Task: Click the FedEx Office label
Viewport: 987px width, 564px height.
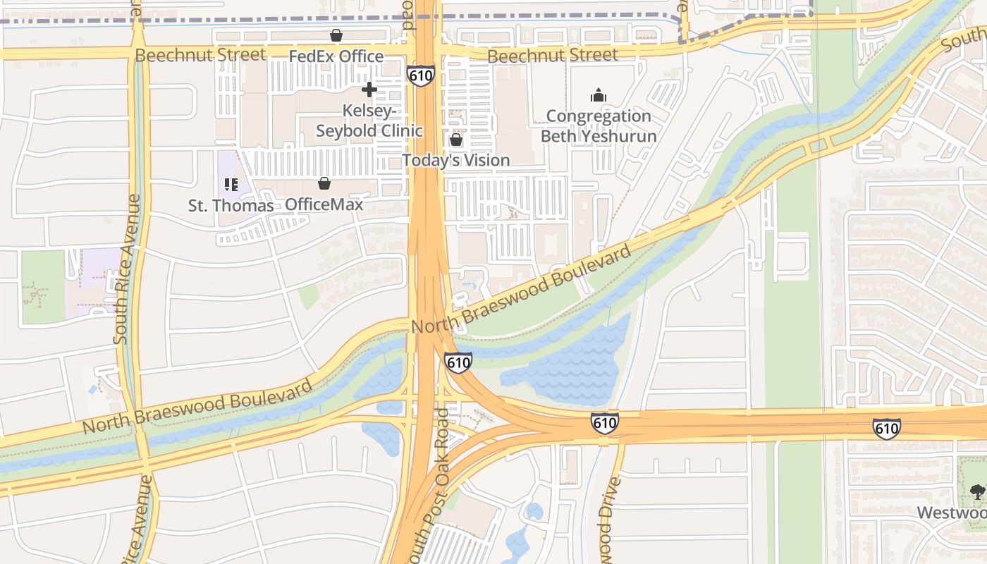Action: coord(336,56)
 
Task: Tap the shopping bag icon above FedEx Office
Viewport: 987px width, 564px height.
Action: coord(336,35)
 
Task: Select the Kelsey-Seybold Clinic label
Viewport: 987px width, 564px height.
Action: coord(369,121)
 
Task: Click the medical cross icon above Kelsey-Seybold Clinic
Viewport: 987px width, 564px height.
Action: coord(369,90)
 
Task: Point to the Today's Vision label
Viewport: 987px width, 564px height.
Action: coord(456,160)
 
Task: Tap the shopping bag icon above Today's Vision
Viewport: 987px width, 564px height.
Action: coord(456,140)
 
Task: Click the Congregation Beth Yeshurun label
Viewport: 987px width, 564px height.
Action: coord(599,125)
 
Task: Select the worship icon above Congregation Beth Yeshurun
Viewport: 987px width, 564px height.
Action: coord(599,95)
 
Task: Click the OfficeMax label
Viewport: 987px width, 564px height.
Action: coord(324,204)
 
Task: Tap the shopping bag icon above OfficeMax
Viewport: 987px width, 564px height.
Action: coord(324,184)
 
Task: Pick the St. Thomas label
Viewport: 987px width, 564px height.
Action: coord(231,205)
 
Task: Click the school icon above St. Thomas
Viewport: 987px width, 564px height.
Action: coord(231,185)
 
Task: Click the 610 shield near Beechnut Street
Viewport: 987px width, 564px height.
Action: coord(419,75)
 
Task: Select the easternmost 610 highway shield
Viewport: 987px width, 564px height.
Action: coord(886,427)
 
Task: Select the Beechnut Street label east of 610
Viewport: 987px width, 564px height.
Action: coord(552,55)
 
